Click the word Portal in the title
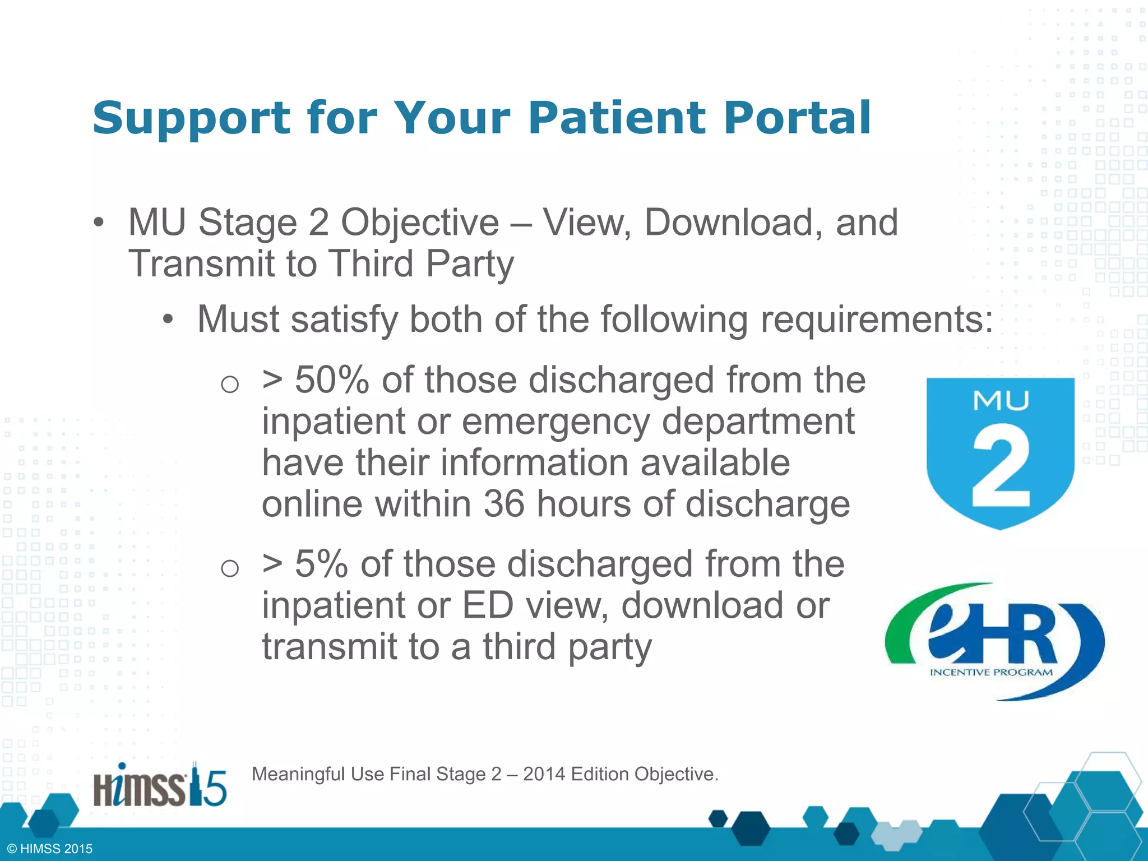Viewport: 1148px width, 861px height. click(797, 118)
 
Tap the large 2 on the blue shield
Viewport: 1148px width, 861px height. click(1001, 466)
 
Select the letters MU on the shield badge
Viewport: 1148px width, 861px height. click(1001, 400)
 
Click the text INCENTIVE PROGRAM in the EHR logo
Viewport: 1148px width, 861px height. click(991, 672)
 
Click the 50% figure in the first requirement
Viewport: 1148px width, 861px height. click(332, 380)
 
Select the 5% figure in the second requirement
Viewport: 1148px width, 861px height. click(321, 564)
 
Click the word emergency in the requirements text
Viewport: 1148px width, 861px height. click(556, 421)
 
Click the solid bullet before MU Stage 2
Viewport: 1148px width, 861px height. click(99, 223)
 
